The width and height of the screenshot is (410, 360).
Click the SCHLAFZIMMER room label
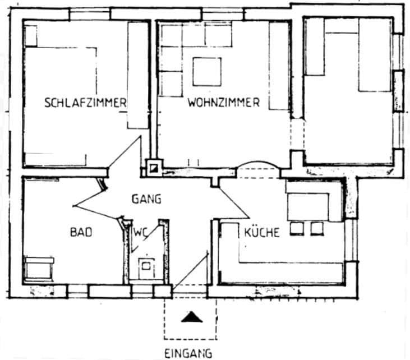(85, 103)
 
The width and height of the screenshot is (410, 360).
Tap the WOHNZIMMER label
(223, 103)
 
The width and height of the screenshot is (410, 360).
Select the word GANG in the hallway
(146, 198)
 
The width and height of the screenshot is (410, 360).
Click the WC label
(139, 232)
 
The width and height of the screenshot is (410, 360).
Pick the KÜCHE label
(261, 232)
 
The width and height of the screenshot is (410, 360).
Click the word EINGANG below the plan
(188, 353)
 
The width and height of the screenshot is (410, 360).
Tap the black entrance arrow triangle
(191, 317)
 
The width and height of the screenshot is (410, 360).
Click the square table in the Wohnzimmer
(207, 71)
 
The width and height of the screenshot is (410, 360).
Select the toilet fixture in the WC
(146, 269)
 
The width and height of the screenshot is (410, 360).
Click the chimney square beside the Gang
(153, 167)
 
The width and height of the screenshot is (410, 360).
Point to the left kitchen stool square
(297, 228)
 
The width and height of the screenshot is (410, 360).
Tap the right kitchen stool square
(317, 228)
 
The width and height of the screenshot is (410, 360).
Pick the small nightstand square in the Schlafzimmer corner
(30, 36)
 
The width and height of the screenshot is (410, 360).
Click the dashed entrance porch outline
(190, 318)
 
